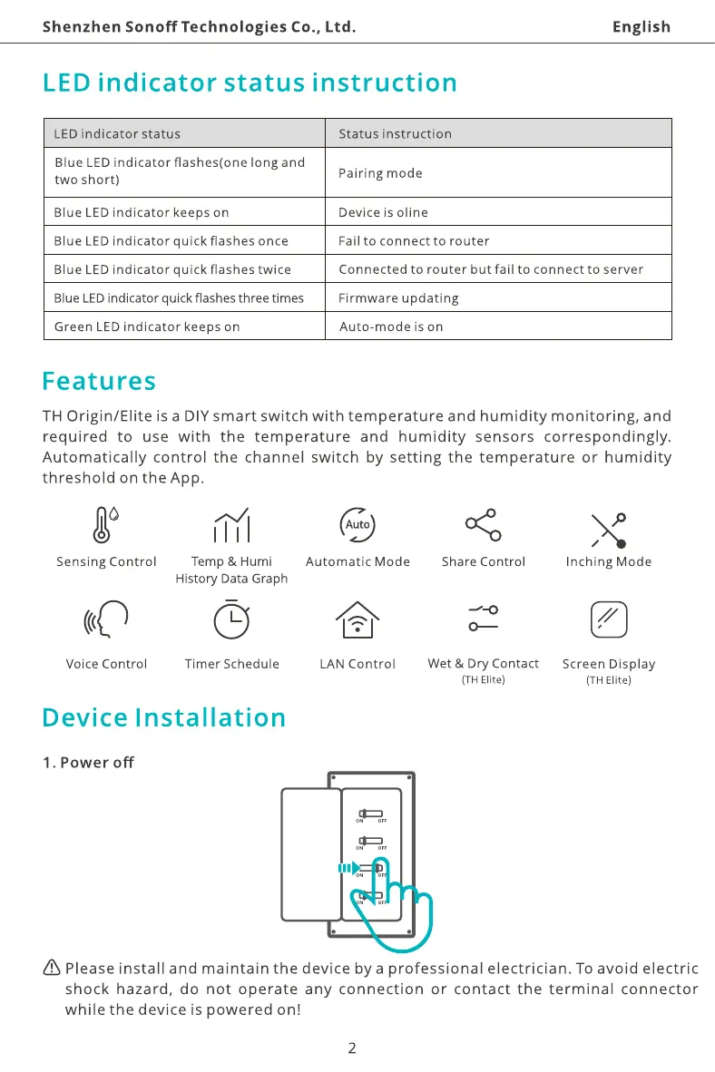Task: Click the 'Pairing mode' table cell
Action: click(x=380, y=173)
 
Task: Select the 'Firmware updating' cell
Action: click(x=398, y=298)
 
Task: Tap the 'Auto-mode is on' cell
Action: click(x=391, y=326)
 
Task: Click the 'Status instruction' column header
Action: click(x=395, y=134)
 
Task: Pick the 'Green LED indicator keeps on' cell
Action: click(x=147, y=326)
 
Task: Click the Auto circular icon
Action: click(x=357, y=524)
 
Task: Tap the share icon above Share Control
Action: click(x=483, y=524)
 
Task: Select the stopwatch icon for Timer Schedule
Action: click(x=231, y=619)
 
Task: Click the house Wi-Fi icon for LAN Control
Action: click(x=357, y=621)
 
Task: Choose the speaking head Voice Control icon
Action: click(x=106, y=620)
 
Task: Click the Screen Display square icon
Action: click(x=608, y=620)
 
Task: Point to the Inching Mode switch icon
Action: click(x=608, y=530)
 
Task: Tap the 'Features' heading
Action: click(x=99, y=381)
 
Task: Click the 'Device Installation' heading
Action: click(x=164, y=718)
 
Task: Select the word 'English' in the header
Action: click(x=642, y=27)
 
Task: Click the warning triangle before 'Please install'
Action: click(x=51, y=969)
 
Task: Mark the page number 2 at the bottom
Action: click(x=352, y=1049)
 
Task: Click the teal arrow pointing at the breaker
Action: click(x=348, y=868)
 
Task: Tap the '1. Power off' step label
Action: click(x=88, y=763)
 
